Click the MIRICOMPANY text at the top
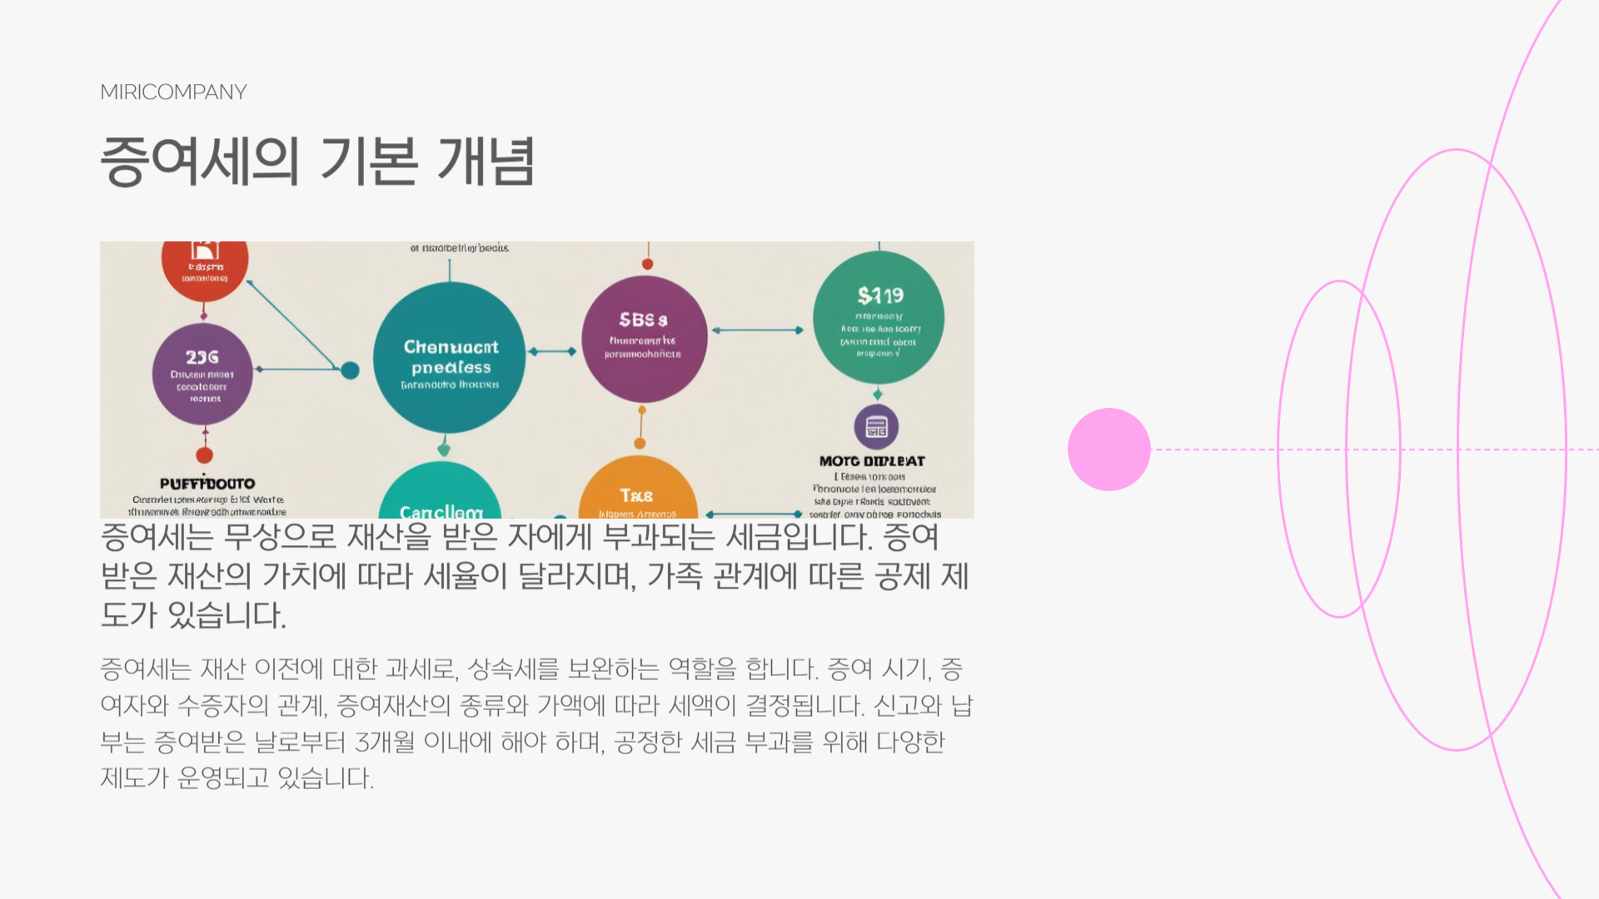pyautogui.click(x=173, y=92)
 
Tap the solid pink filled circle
pyautogui.click(x=1108, y=449)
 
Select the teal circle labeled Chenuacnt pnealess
pyautogui.click(x=450, y=358)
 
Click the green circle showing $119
pyautogui.click(x=879, y=318)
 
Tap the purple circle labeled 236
pyautogui.click(x=202, y=375)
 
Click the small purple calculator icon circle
pyautogui.click(x=876, y=427)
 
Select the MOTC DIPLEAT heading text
pyautogui.click(x=872, y=461)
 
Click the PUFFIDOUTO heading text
pyautogui.click(x=207, y=484)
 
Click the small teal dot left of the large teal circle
pyautogui.click(x=351, y=370)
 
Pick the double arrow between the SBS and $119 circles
pyautogui.click(x=758, y=330)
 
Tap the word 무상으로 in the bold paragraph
pyautogui.click(x=280, y=537)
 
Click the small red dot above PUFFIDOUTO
pyautogui.click(x=204, y=455)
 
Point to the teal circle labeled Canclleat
pyautogui.click(x=440, y=495)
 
